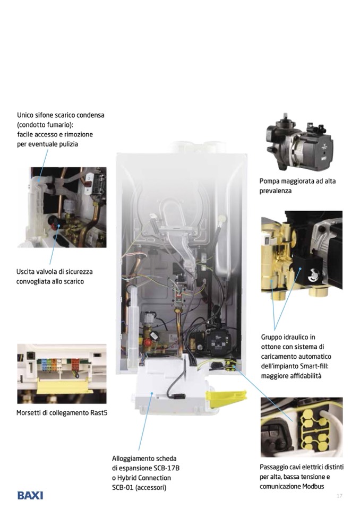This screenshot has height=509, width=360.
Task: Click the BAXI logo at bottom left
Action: point(30,496)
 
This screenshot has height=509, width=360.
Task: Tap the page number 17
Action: point(339,496)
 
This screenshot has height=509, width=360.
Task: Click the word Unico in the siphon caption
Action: point(25,115)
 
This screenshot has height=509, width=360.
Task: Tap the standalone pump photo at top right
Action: point(299,142)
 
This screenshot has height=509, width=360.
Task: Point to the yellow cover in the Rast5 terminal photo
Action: point(65,386)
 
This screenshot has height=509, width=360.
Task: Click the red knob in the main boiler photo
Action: point(148,342)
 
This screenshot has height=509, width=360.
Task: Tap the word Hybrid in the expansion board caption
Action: point(127,478)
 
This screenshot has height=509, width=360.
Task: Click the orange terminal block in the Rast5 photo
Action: point(75,364)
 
